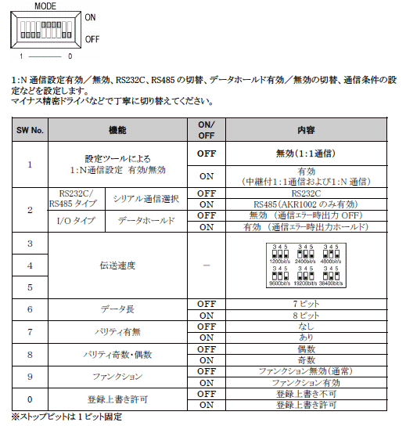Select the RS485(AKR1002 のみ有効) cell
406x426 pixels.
pyautogui.click(x=307, y=203)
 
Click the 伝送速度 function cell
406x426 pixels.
pyautogui.click(x=117, y=265)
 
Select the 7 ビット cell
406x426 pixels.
pyautogui.click(x=307, y=303)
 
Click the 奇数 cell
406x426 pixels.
pyautogui.click(x=307, y=359)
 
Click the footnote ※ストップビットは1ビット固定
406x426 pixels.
pyautogui.click(x=66, y=416)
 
